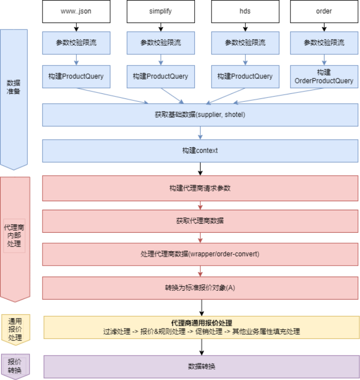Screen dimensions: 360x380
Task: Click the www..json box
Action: click(x=76, y=11)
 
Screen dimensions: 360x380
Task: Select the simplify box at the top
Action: click(x=160, y=11)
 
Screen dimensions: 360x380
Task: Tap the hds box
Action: click(x=245, y=11)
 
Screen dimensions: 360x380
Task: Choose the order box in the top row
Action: click(x=324, y=11)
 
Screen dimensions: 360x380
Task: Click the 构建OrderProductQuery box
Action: click(x=324, y=76)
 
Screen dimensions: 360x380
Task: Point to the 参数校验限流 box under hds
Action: click(x=245, y=43)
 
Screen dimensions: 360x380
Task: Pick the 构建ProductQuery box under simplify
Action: click(x=160, y=76)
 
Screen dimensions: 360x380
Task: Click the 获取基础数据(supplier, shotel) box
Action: click(x=200, y=115)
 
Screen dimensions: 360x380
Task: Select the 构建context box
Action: click(x=200, y=151)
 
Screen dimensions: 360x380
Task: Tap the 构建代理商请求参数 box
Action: click(x=200, y=188)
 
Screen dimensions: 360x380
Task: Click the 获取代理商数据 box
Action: click(x=200, y=221)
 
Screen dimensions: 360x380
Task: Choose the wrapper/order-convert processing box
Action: click(x=200, y=254)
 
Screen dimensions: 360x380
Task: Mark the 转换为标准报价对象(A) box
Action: click(x=200, y=288)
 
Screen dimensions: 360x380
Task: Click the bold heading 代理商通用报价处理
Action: click(x=201, y=323)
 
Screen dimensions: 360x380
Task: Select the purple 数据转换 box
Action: click(x=201, y=367)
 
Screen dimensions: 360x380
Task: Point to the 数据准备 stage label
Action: click(x=13, y=87)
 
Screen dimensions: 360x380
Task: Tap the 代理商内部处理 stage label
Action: click(x=14, y=236)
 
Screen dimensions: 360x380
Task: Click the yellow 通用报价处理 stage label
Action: click(x=15, y=330)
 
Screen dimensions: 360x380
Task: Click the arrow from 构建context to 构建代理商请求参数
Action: click(x=200, y=169)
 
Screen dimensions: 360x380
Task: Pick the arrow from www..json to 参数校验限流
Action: click(x=76, y=27)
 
